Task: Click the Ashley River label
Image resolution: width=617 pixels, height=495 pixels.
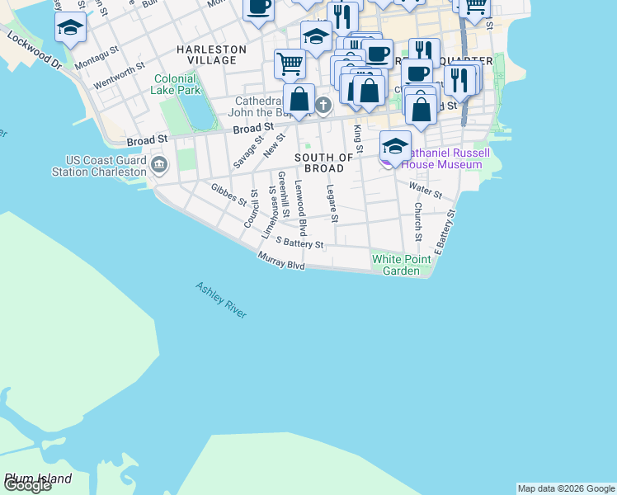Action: click(x=221, y=300)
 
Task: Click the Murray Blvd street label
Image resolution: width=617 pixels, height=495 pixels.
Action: click(x=281, y=262)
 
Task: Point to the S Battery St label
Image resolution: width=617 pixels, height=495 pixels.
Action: click(x=299, y=243)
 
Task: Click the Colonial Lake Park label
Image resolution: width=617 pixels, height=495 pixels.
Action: click(x=176, y=84)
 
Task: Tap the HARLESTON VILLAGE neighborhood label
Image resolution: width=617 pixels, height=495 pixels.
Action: click(x=211, y=55)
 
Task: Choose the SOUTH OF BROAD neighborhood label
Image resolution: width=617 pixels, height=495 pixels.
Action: click(x=323, y=163)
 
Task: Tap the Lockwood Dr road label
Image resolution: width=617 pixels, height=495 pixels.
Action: click(x=33, y=49)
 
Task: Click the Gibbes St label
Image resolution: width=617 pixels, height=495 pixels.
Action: click(x=228, y=194)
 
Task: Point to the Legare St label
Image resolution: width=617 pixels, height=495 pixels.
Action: click(x=332, y=204)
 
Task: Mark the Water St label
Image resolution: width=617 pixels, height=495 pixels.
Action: click(x=426, y=191)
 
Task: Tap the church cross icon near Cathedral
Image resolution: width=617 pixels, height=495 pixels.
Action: click(x=323, y=105)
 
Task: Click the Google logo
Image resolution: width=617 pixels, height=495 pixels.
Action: click(x=27, y=485)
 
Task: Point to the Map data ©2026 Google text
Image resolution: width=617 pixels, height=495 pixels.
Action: click(x=566, y=488)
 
